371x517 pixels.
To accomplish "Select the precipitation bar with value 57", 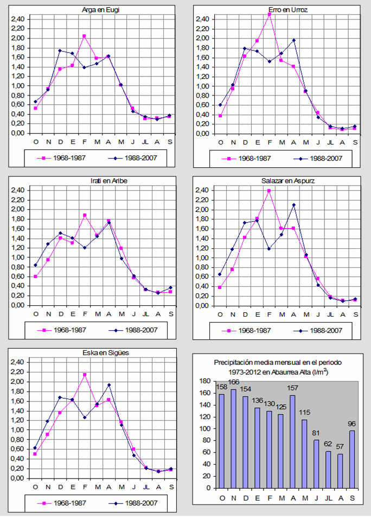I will (x=341, y=471).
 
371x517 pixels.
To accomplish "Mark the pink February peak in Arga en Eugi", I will (x=84, y=36).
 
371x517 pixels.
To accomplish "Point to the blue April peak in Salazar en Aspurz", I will (x=293, y=205).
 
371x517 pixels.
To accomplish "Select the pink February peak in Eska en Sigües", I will (x=85, y=375).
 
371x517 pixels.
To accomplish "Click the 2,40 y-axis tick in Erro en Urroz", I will (x=202, y=19).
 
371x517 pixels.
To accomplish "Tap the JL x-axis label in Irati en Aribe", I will (x=145, y=313).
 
